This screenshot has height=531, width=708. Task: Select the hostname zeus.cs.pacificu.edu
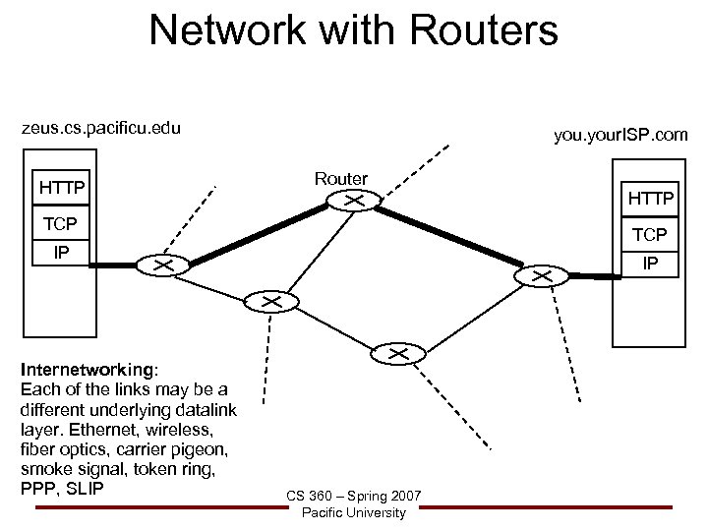click(x=101, y=128)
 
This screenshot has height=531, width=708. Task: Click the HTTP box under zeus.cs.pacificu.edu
click(x=61, y=187)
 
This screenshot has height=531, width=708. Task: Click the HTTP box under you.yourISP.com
click(x=650, y=199)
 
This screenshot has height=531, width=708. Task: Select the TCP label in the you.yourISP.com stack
click(x=650, y=236)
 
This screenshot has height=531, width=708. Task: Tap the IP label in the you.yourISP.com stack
click(x=650, y=264)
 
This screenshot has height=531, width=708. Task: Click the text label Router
click(x=341, y=178)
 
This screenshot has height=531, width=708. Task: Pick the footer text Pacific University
click(x=354, y=513)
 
